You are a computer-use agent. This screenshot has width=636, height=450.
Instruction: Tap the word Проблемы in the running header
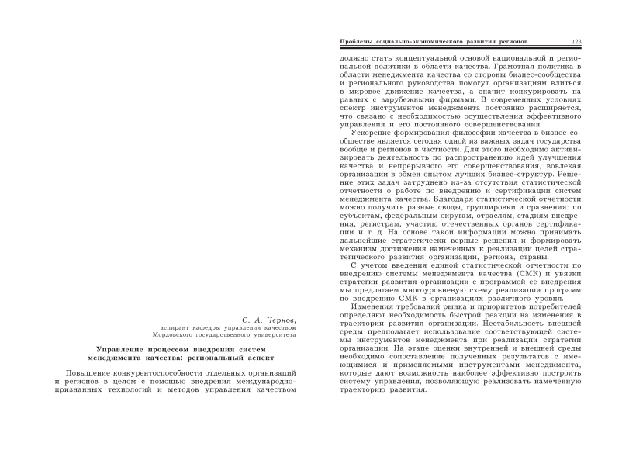[347, 41]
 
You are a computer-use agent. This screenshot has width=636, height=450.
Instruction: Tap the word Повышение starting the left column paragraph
[89, 376]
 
